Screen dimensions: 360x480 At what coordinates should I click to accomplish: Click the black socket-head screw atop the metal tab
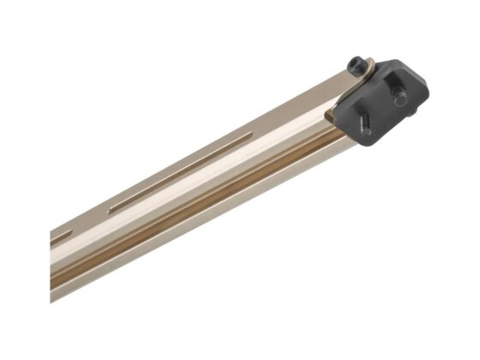pyautogui.click(x=354, y=64)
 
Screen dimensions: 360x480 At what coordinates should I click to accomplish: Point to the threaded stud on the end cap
pyautogui.click(x=363, y=128)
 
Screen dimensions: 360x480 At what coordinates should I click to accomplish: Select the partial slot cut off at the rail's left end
pyautogui.click(x=62, y=234)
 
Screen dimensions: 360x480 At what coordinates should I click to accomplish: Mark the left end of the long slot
pyautogui.click(x=111, y=208)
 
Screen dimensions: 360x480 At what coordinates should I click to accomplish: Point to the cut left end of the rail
pyautogui.click(x=53, y=266)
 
